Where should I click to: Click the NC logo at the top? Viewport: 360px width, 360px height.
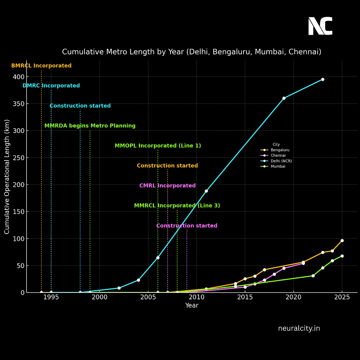[x=320, y=26]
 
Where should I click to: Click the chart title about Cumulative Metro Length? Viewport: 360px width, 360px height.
[x=191, y=52]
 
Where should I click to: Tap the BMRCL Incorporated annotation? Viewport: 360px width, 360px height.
[x=41, y=66]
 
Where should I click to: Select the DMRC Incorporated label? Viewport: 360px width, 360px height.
[x=51, y=86]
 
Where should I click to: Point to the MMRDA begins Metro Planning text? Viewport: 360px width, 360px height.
[x=90, y=126]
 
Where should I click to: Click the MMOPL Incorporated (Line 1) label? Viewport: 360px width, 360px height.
[x=158, y=145]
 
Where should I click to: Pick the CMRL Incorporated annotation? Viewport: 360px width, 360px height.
[x=167, y=186]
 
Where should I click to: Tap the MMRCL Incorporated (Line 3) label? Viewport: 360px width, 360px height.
[x=177, y=205]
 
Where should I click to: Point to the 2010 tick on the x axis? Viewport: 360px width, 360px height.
[x=197, y=297]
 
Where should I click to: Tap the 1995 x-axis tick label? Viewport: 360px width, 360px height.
[x=51, y=297]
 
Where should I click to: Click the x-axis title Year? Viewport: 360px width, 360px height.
[x=191, y=306]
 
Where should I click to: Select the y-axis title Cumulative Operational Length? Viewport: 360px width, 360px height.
[x=7, y=176]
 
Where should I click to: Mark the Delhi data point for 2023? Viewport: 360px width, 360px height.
[x=323, y=79]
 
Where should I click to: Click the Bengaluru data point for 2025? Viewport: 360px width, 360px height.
[x=342, y=241]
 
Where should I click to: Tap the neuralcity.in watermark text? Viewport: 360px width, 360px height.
[x=299, y=328]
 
